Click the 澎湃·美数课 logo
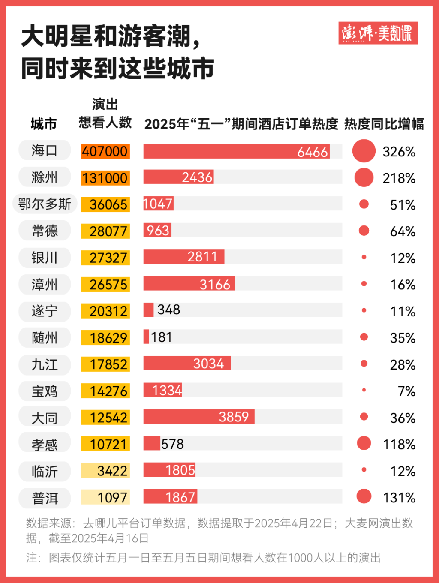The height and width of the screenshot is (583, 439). click(x=378, y=33)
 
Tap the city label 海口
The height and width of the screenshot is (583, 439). click(x=45, y=151)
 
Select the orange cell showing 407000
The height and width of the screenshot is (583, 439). click(x=105, y=151)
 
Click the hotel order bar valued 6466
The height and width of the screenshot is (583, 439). click(x=236, y=152)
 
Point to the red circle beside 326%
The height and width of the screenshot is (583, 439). click(x=364, y=151)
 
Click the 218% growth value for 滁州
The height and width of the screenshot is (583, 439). click(x=399, y=178)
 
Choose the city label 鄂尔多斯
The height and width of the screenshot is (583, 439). click(x=45, y=204)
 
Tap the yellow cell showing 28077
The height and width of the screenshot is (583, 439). click(x=105, y=231)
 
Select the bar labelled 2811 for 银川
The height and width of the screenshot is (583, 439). click(x=183, y=257)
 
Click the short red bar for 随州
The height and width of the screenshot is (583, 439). click(x=146, y=337)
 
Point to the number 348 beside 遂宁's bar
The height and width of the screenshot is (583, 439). click(x=168, y=310)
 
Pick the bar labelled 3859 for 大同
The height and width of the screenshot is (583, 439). click(x=199, y=417)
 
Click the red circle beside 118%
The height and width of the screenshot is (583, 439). click(x=364, y=443)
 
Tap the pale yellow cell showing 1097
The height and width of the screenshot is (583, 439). click(x=105, y=498)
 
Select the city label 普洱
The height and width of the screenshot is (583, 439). click(x=45, y=498)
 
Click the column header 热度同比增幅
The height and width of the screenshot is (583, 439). click(x=384, y=124)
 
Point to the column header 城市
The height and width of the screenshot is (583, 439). click(x=44, y=124)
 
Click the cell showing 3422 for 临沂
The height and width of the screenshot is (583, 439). click(x=105, y=471)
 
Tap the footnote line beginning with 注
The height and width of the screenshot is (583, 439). click(x=203, y=558)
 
